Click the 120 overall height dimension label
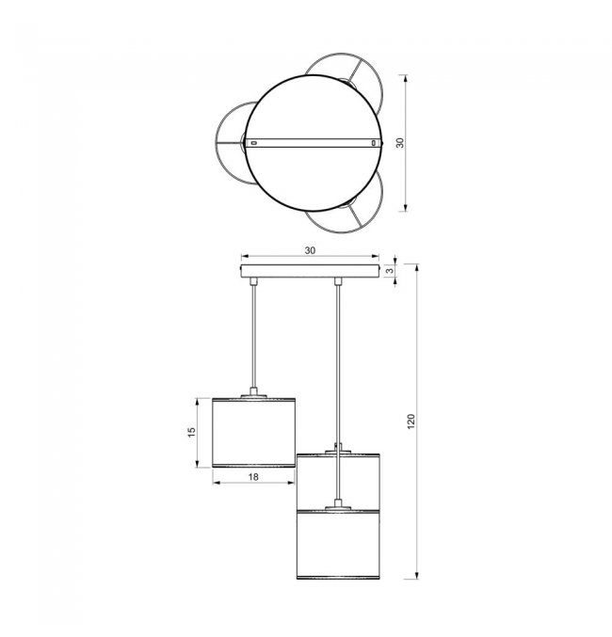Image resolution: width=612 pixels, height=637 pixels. (411, 422)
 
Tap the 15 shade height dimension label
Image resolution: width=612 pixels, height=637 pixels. (191, 432)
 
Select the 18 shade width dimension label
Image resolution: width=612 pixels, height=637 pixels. (253, 476)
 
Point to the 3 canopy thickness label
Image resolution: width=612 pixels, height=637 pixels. (390, 271)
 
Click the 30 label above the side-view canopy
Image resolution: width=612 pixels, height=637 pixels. (310, 250)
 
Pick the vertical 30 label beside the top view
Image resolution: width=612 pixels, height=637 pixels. (400, 143)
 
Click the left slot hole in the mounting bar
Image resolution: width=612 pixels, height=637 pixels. (254, 143)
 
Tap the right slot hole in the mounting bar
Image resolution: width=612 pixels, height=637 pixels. (373, 143)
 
